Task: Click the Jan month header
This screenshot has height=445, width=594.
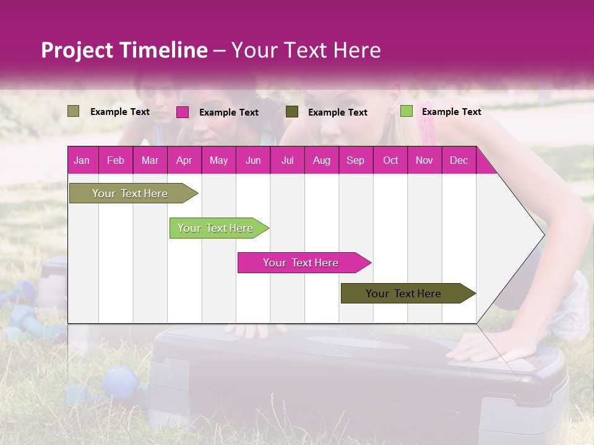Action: point(82,160)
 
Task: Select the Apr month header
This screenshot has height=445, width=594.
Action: point(184,160)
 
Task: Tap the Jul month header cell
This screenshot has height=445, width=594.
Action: point(287,160)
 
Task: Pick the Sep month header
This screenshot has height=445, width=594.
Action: point(355,160)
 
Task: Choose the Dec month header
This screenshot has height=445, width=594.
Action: point(458,160)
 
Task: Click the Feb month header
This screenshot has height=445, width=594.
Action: point(116,160)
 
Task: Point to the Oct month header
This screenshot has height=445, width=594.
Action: point(390,160)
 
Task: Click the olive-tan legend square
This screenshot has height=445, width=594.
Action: point(73,111)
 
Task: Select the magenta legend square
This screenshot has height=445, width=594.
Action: point(183,112)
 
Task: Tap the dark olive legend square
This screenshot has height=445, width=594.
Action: point(292,112)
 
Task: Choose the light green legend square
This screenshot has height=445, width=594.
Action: point(406,111)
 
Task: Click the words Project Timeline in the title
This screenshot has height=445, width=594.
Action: point(124,50)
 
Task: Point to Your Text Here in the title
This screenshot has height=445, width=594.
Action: point(306,50)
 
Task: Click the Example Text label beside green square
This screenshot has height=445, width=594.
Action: point(451,111)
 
